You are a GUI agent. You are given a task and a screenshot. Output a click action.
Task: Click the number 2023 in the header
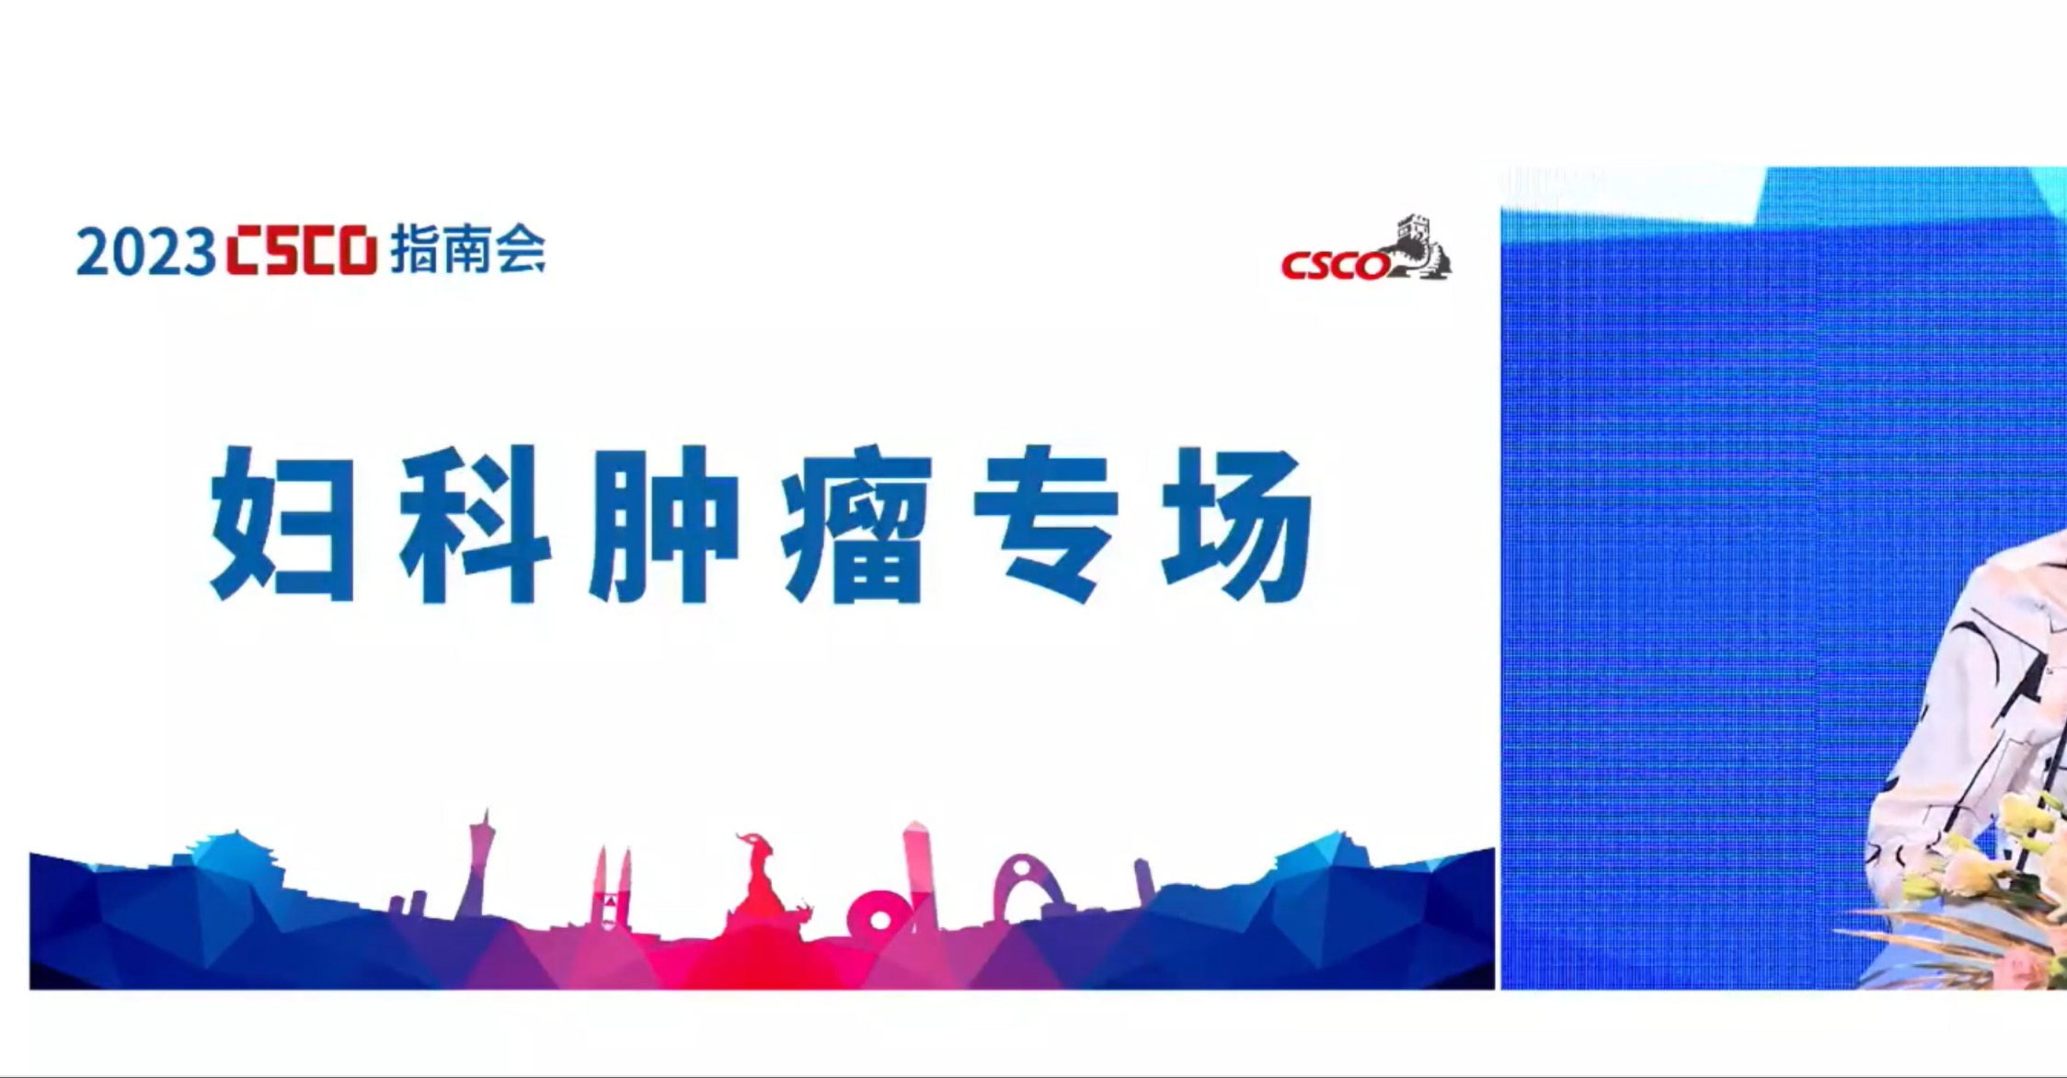point(145,252)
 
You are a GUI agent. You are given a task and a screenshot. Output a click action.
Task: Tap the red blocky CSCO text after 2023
point(302,249)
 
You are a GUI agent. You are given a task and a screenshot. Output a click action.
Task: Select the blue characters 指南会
point(468,248)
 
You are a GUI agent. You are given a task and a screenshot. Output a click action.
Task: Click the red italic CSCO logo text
point(1335,265)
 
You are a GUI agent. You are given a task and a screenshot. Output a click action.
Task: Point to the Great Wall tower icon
point(1419,246)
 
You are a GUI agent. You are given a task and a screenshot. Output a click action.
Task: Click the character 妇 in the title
point(282,523)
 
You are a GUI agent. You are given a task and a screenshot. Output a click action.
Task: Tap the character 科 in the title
point(474,524)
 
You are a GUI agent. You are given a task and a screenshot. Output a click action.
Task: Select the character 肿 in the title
point(664,524)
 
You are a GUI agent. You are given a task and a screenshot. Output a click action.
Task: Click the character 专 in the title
point(1046,524)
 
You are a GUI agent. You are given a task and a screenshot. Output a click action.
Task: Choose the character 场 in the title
point(1236,524)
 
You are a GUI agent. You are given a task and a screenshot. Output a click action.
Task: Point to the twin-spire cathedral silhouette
point(612,888)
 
